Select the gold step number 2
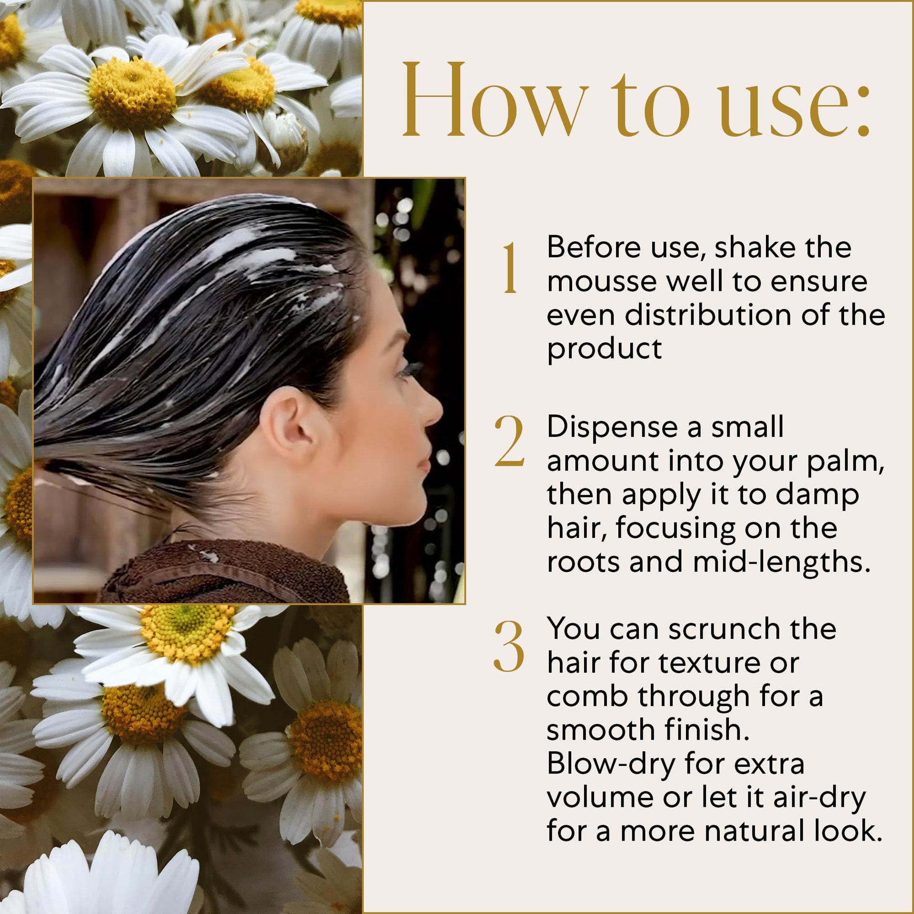[x=509, y=440]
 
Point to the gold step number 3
[x=509, y=646]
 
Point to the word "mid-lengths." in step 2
[x=782, y=563]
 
